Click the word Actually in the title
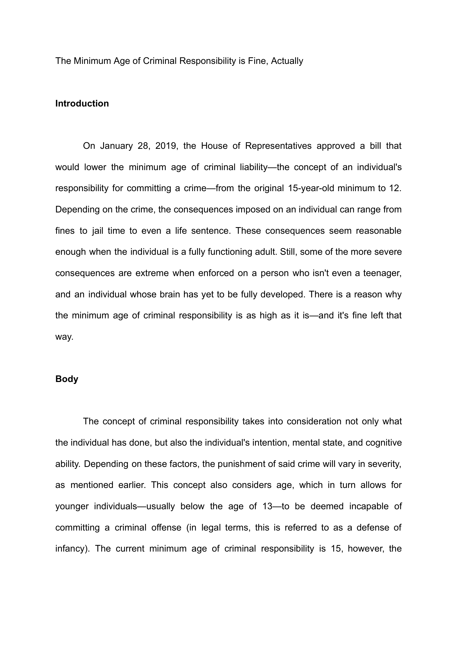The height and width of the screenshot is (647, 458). [x=287, y=61]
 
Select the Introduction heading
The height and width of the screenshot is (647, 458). [x=82, y=103]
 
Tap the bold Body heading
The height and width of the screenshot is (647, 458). [x=67, y=379]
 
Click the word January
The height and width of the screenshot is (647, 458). [x=116, y=146]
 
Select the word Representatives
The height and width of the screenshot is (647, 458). [x=278, y=146]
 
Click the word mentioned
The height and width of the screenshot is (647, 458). [x=92, y=485]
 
